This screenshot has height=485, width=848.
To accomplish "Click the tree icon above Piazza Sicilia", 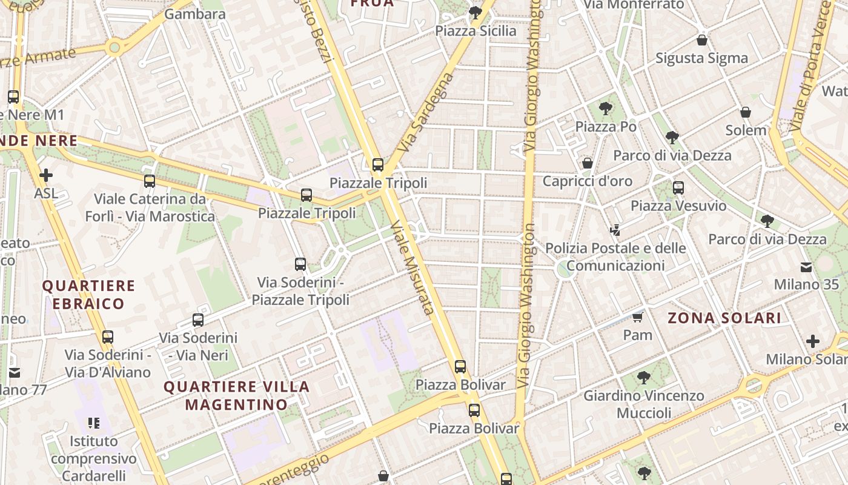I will pyautogui.click(x=475, y=12).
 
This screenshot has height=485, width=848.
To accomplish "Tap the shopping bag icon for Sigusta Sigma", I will pyautogui.click(x=701, y=40).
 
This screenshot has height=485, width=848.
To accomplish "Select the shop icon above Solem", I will pyautogui.click(x=746, y=112).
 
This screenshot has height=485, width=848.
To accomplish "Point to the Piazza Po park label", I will pyautogui.click(x=606, y=126).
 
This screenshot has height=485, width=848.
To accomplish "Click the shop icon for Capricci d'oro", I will pyautogui.click(x=587, y=163).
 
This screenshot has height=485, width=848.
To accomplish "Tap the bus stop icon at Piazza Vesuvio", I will pyautogui.click(x=678, y=188).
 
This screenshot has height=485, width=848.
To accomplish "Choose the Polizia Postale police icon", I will pyautogui.click(x=615, y=230).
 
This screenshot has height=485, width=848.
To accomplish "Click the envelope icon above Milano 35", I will pyautogui.click(x=806, y=267).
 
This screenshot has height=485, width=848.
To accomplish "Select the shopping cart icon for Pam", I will pyautogui.click(x=637, y=317).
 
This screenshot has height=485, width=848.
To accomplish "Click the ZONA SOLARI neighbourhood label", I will pyautogui.click(x=724, y=318).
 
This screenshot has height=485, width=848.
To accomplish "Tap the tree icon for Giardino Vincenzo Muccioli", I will pyautogui.click(x=644, y=378).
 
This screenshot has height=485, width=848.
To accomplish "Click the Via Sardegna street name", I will pyautogui.click(x=426, y=113).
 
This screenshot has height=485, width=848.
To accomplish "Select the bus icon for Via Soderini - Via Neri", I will pyautogui.click(x=198, y=320).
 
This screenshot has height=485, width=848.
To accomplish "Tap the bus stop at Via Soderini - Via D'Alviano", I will pyautogui.click(x=108, y=336).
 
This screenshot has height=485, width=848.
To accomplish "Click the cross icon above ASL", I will pyautogui.click(x=46, y=176).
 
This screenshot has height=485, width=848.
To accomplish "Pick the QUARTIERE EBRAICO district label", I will pyautogui.click(x=88, y=294).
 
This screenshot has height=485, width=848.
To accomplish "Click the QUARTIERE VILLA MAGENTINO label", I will pyautogui.click(x=236, y=395).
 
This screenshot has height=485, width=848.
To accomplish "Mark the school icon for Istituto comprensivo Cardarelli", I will pyautogui.click(x=93, y=423).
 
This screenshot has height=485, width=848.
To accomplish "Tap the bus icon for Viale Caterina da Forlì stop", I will pyautogui.click(x=150, y=181).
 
